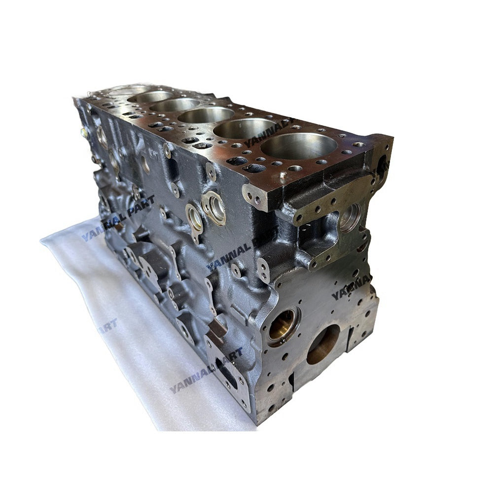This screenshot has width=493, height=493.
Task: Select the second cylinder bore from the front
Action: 245,129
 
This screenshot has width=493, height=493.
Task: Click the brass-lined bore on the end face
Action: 283,326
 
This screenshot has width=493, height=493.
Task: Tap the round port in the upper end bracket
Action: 351,217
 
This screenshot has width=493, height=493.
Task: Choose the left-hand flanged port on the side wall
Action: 194,217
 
